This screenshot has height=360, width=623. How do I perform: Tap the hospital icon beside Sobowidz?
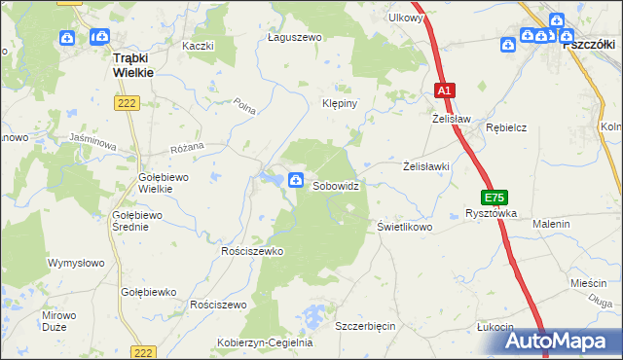(x=296, y=179)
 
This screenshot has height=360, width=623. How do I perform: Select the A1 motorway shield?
(x=444, y=90)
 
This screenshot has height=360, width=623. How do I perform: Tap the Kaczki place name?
(x=198, y=46)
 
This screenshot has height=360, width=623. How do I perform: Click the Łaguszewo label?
(x=294, y=37)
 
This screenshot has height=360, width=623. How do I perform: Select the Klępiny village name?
(x=342, y=102)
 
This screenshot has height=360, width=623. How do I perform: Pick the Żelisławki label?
(x=426, y=166)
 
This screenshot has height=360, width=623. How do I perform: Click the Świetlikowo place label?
(x=404, y=227)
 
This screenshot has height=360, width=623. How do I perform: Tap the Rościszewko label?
(x=251, y=251)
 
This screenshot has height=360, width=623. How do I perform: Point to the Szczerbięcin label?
(x=365, y=325)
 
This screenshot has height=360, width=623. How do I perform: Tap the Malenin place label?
(x=551, y=224)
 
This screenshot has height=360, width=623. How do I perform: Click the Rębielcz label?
(x=506, y=127)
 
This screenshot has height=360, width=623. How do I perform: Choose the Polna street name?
(x=244, y=107)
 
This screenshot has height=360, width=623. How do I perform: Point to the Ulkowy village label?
(x=406, y=18)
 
